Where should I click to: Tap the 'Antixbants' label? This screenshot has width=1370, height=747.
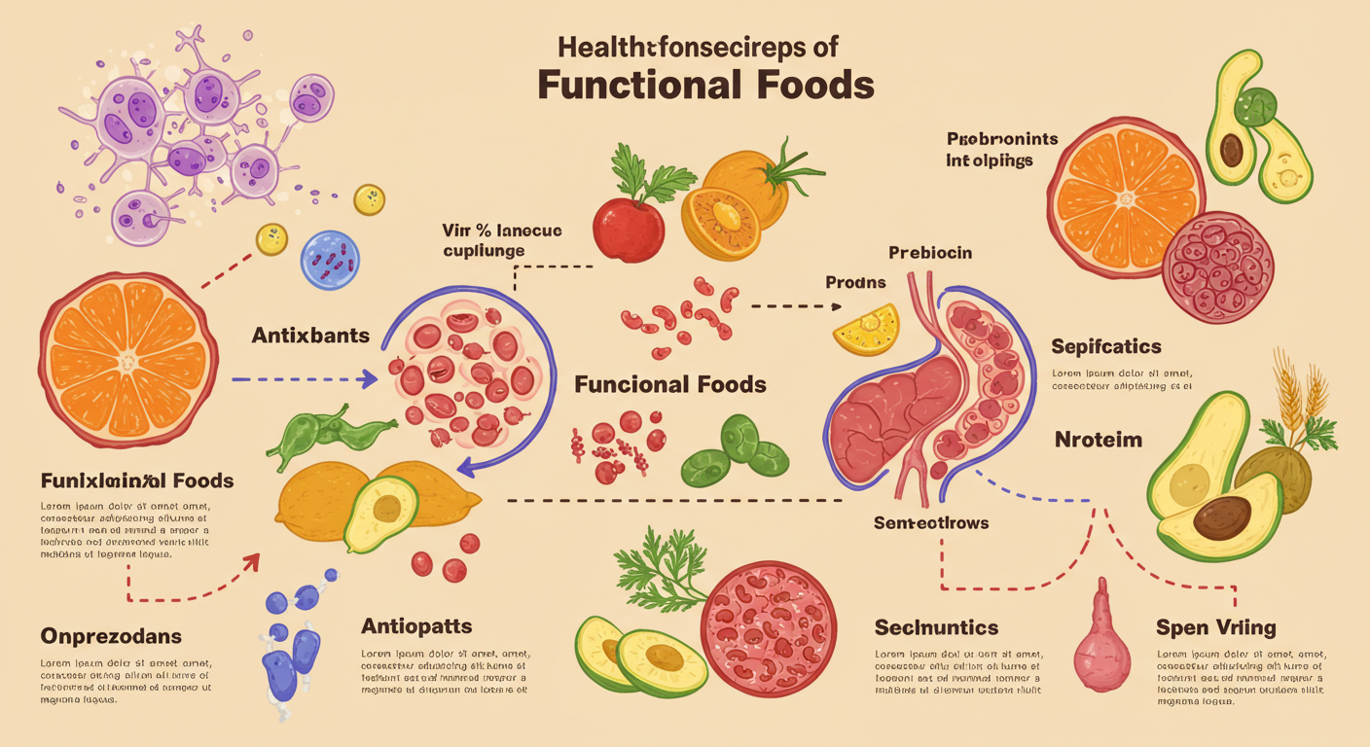pos(310,336)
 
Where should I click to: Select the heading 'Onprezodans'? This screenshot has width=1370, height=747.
pos(111,636)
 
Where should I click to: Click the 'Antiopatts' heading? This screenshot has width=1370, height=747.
pos(416,624)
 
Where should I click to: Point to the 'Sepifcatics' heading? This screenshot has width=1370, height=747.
pos(1106,347)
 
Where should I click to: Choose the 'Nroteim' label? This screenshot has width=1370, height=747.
pos(1099,440)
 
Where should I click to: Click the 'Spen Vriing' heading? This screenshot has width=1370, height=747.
pos(1215,626)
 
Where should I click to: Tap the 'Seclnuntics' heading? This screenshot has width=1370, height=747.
pos(936,626)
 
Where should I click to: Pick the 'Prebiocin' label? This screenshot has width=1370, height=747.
pos(930,253)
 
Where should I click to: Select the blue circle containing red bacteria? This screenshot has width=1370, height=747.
pos(331,260)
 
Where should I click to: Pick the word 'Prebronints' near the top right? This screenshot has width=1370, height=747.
pos(1002,139)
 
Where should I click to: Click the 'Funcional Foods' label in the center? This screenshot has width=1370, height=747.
pos(670,384)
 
